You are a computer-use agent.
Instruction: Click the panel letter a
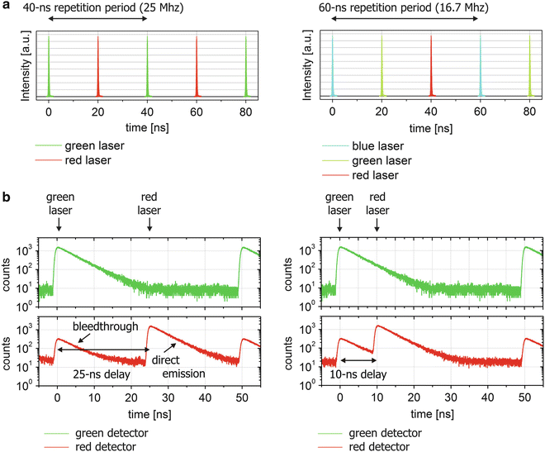coord(5,8)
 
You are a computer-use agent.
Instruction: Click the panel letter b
coord(6,197)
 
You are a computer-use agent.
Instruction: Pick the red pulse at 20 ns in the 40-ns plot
coord(98,66)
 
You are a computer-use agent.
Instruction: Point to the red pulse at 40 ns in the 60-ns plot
coord(430,66)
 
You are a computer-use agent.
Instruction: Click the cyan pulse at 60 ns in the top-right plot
coord(480,66)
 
